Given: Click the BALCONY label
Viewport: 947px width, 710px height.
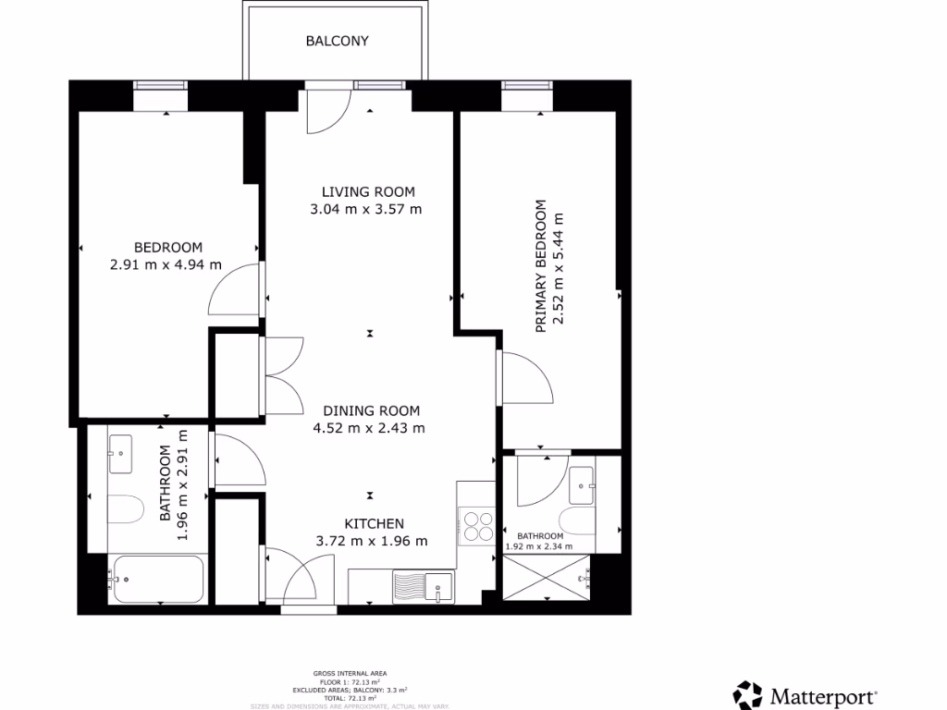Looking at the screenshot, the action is tap(338, 41).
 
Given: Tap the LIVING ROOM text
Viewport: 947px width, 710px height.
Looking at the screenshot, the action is tap(368, 192).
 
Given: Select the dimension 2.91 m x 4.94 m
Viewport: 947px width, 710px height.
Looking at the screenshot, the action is tap(166, 264).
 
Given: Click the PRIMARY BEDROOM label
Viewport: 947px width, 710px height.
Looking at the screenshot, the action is tap(541, 265).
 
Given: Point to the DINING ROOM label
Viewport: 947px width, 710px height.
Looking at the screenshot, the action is tap(371, 410).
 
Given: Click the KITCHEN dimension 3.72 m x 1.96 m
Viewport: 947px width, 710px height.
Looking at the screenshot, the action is tap(372, 541).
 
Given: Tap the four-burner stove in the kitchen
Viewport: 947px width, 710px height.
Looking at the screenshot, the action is tap(477, 526).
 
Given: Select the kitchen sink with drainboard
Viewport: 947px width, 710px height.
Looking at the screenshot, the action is tap(423, 586).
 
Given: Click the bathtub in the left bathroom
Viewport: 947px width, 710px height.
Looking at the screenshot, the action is tap(155, 580).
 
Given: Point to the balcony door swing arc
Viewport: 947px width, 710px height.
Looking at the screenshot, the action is tap(326, 110).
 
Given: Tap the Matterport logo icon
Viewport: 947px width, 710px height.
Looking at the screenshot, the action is tap(748, 694).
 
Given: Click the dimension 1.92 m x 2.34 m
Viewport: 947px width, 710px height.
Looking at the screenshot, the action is tap(539, 545).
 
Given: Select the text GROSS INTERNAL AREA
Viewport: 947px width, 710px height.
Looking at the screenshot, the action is tap(351, 673).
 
